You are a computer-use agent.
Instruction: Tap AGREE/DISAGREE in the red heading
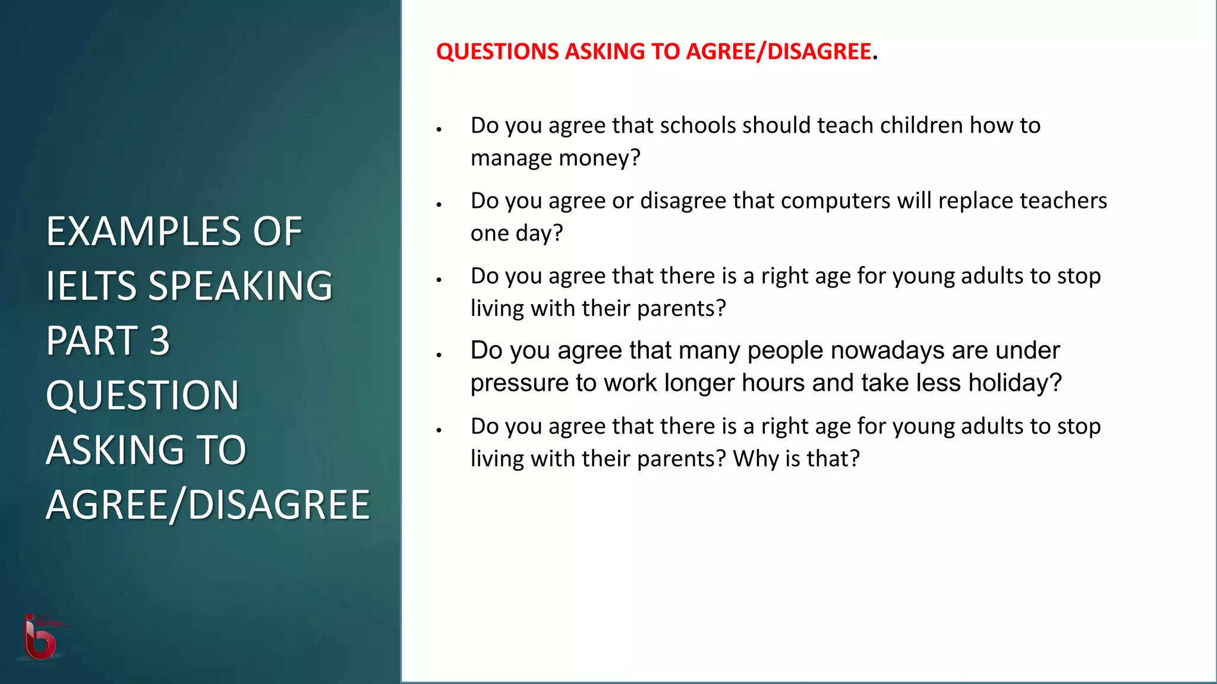[778, 52]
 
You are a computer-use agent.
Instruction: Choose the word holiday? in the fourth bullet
[1015, 383]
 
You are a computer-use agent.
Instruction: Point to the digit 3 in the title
[159, 341]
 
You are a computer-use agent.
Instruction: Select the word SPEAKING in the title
[240, 286]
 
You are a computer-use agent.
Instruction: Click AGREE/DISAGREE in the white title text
[208, 505]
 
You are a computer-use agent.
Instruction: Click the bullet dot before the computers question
[439, 204]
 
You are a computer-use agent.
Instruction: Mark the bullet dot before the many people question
[439, 354]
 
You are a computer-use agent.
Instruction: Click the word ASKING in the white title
[114, 450]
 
